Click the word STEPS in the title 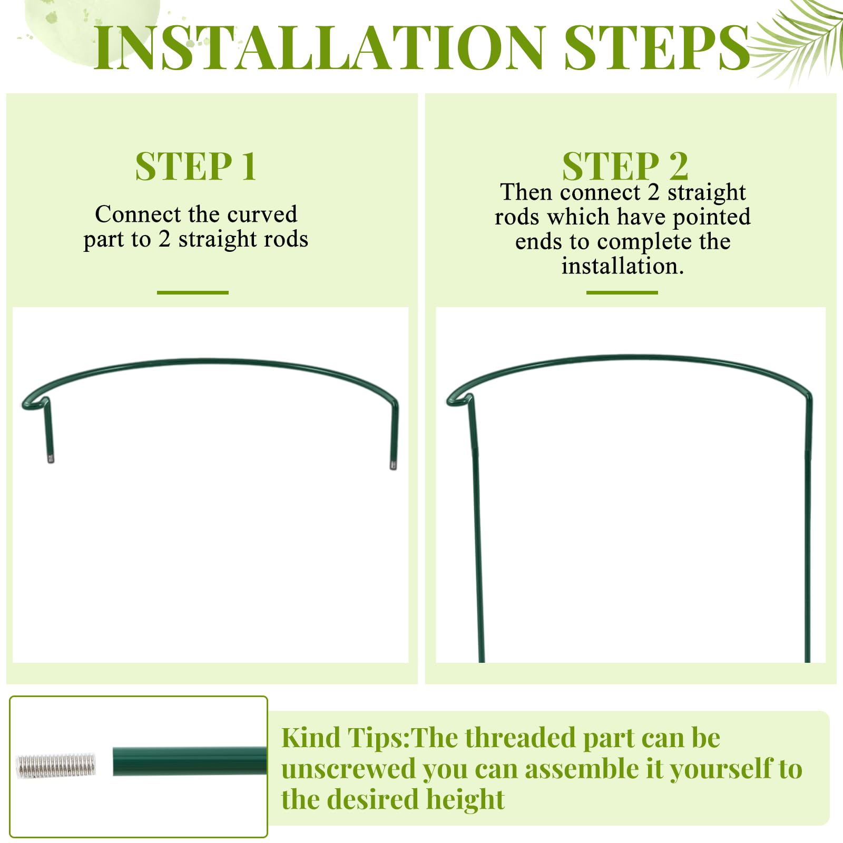click(657, 47)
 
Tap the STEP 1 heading click(196, 166)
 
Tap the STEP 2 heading click(625, 166)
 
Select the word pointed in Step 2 click(712, 217)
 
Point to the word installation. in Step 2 click(622, 266)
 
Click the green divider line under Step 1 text click(193, 292)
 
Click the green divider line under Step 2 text click(622, 292)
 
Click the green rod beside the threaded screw click(190, 761)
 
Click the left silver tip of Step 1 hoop click(51, 459)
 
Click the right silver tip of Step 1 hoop click(393, 465)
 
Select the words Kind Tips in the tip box click(345, 738)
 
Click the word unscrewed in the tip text click(348, 769)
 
